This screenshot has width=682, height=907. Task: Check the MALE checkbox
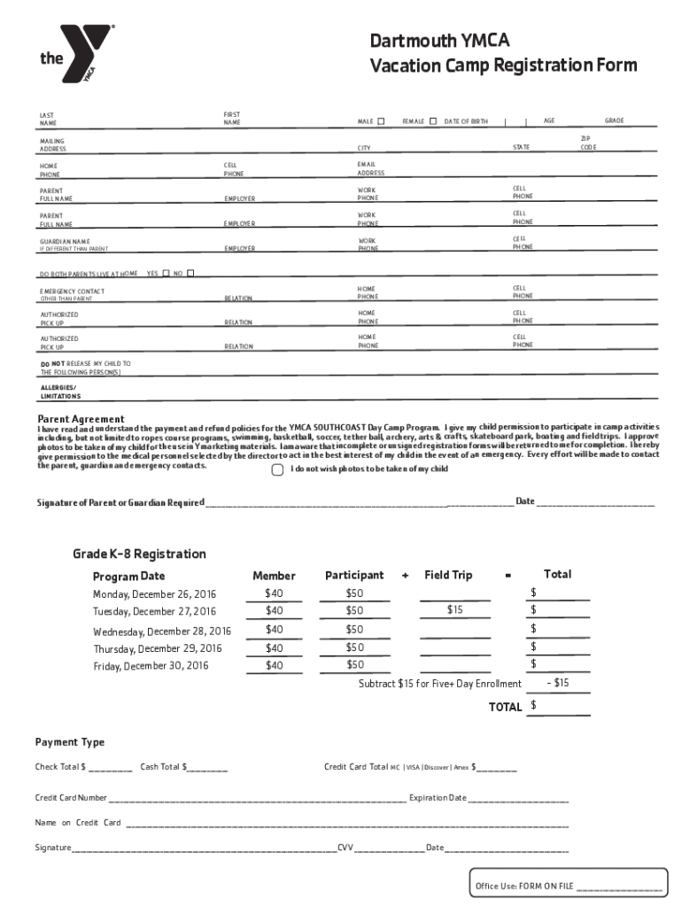coord(381,121)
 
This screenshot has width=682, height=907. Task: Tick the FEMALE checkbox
coord(433,121)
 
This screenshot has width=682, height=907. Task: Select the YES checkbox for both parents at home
coord(166,274)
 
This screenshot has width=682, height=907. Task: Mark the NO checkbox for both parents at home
coord(190,274)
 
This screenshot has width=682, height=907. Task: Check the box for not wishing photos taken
coord(277,469)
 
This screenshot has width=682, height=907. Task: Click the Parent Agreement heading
coord(81,419)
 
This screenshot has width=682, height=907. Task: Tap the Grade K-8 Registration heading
coord(139,554)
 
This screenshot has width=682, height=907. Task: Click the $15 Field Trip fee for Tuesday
coord(454,610)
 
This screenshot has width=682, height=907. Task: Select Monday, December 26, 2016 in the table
coord(154,594)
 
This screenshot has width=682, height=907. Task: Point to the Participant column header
coord(354,576)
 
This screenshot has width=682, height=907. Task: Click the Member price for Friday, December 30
coord(274,665)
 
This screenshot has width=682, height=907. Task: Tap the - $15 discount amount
coord(558,683)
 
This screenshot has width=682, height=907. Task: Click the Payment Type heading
coord(70,742)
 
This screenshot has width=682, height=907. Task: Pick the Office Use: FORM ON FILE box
coord(568,886)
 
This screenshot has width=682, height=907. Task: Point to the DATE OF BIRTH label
coord(466,121)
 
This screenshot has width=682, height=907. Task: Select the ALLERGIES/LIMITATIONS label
coord(60,392)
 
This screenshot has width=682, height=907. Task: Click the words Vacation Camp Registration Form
coord(503,66)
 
